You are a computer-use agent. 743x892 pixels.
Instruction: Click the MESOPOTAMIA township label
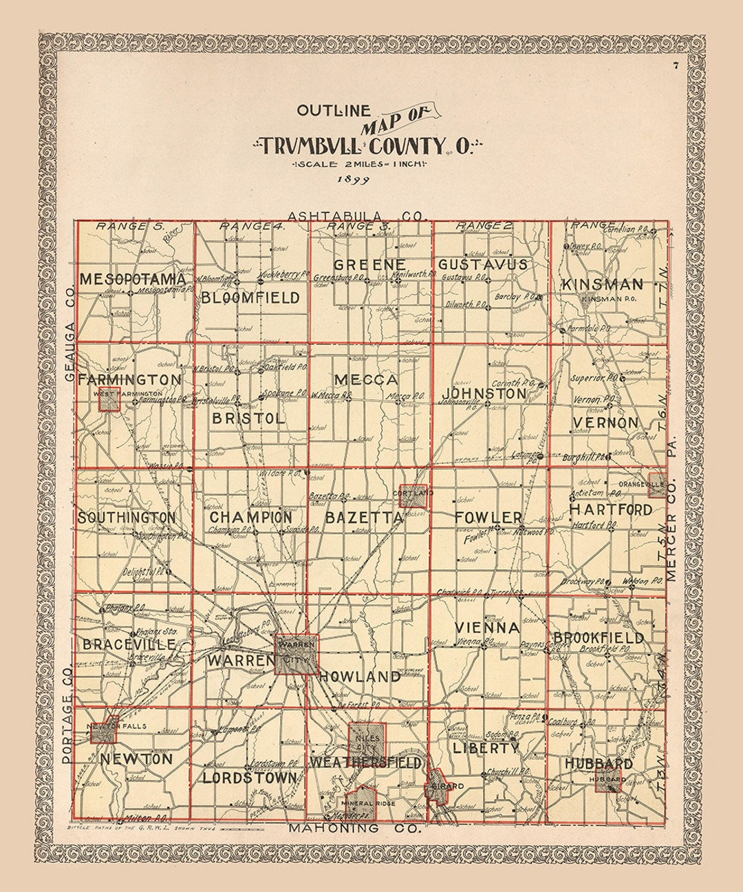coord(132,279)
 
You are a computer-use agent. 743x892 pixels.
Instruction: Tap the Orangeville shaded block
coord(657,485)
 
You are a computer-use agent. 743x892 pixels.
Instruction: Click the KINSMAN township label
coord(602,284)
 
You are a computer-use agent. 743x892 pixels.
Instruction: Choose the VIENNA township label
coord(487,628)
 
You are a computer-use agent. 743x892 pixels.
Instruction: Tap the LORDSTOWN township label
coord(250,778)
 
